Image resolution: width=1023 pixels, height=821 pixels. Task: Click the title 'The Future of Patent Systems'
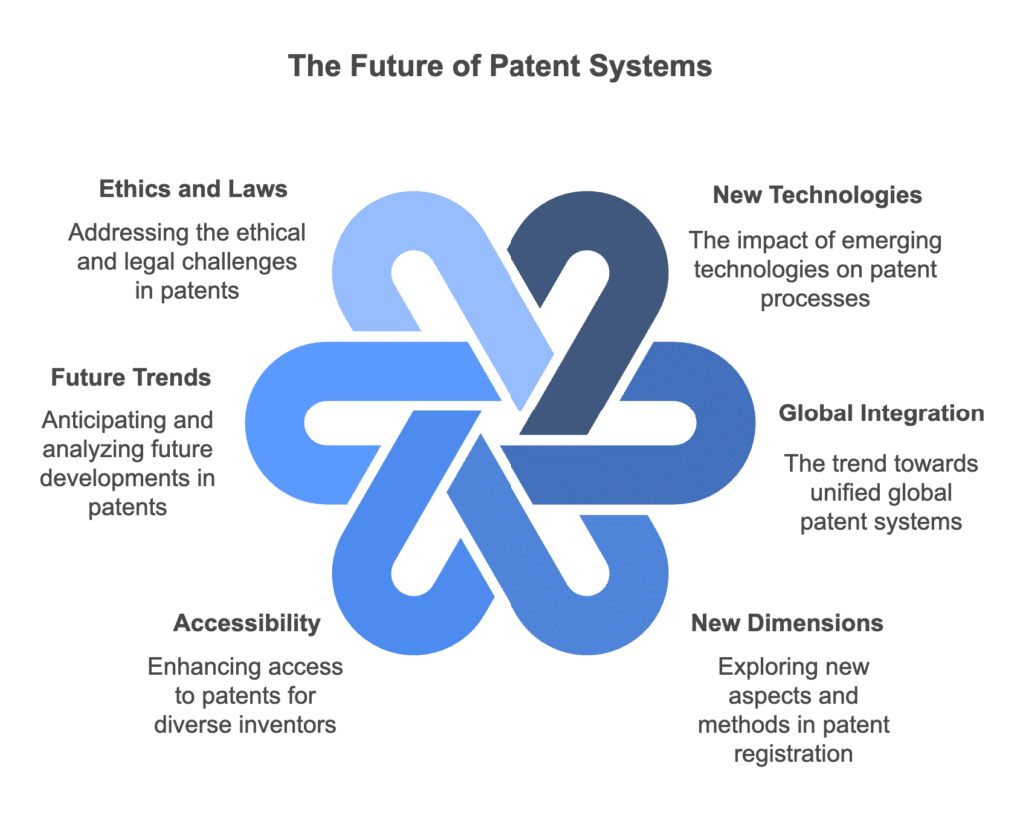(x=500, y=67)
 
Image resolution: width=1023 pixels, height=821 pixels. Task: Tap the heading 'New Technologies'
(x=817, y=195)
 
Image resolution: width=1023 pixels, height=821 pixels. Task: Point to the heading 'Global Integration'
(x=881, y=412)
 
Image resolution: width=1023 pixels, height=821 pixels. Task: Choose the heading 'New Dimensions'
(x=787, y=623)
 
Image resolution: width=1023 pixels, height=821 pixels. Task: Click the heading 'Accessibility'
(x=247, y=623)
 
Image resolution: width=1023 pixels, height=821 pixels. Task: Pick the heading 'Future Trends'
(x=131, y=377)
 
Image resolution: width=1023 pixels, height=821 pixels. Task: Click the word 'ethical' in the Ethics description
(x=271, y=233)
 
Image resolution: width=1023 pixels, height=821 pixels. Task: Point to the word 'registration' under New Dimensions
(x=793, y=753)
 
